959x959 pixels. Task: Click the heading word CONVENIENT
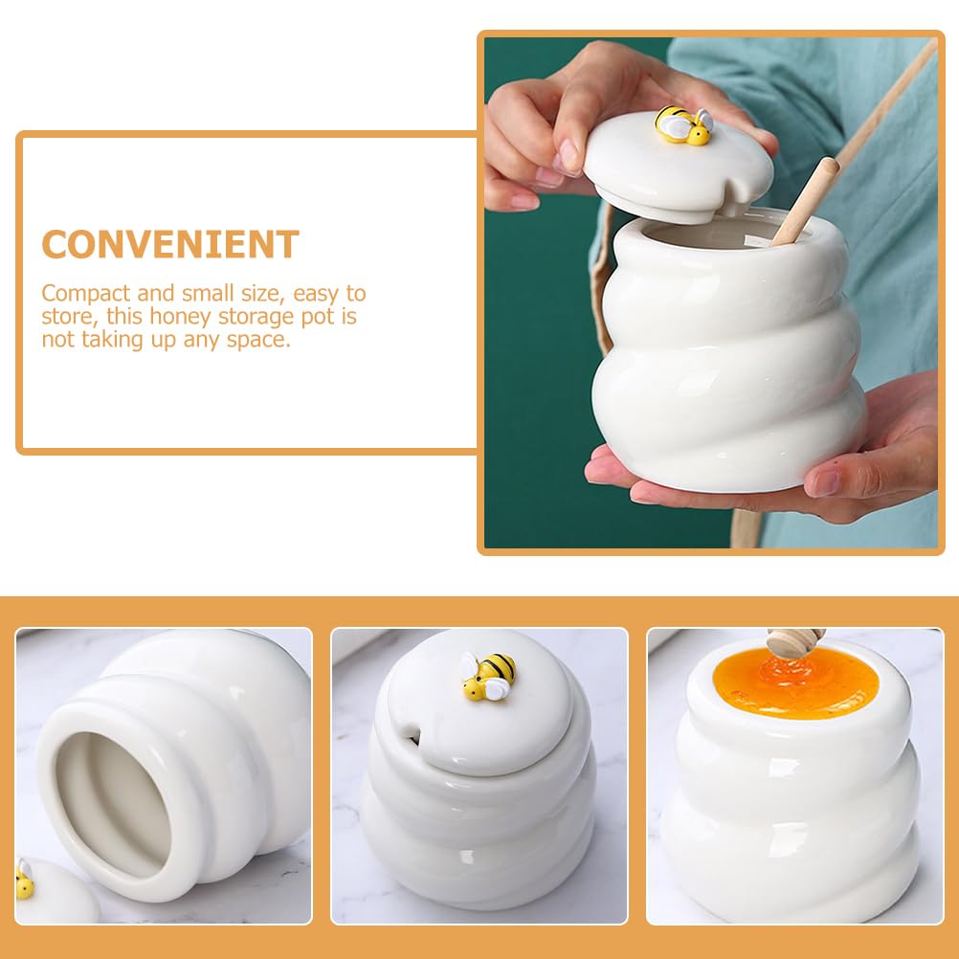point(170,245)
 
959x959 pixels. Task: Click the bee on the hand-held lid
point(684,125)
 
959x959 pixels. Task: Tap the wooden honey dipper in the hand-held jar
point(804,201)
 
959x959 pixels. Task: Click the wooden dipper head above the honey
point(795,640)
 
